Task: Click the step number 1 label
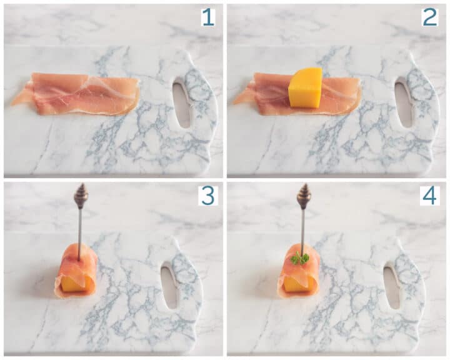tap(207, 17)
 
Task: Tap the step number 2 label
tap(430, 17)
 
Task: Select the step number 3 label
tap(207, 195)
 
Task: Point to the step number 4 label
tap(430, 195)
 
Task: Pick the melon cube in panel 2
tap(305, 88)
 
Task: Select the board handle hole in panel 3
tap(169, 285)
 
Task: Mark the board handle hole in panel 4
tap(391, 285)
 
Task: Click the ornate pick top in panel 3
tap(81, 194)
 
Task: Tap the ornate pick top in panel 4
tap(304, 194)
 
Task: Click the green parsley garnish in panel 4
tap(300, 258)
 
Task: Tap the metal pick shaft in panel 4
tap(302, 228)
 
